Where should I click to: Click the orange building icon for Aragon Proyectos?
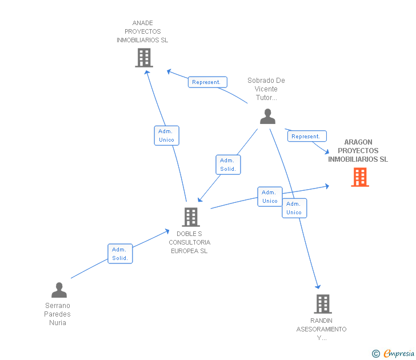click(x=359, y=178)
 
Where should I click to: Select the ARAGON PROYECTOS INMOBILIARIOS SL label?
click(x=358, y=151)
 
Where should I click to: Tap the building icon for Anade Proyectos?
click(x=144, y=58)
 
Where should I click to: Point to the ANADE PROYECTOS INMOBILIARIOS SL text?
click(x=142, y=32)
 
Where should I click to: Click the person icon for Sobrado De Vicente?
click(x=267, y=116)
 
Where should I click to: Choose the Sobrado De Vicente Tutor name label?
click(x=266, y=89)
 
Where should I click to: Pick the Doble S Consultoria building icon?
click(x=190, y=217)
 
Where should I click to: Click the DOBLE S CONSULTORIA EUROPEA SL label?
click(x=189, y=242)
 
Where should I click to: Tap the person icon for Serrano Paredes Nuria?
click(x=59, y=290)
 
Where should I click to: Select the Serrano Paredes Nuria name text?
click(x=58, y=314)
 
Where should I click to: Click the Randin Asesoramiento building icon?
click(x=322, y=304)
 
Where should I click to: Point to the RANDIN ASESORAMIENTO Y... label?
click(x=321, y=329)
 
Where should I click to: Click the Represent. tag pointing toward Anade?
click(x=207, y=82)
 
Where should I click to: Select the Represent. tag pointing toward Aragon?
click(x=306, y=137)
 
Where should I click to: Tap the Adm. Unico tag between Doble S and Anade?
click(x=166, y=135)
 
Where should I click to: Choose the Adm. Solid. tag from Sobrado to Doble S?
click(x=228, y=165)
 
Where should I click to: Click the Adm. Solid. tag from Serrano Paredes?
click(x=120, y=254)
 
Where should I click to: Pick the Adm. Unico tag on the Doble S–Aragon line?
click(x=270, y=197)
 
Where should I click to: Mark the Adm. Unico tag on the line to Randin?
click(x=294, y=208)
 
